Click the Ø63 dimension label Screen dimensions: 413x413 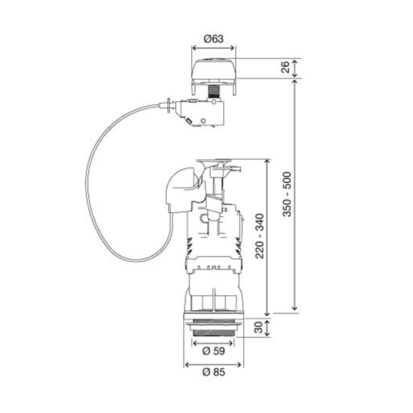(213, 39)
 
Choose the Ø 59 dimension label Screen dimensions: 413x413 (213, 351)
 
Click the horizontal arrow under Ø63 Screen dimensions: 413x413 (213, 48)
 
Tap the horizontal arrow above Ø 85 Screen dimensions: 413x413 (214, 364)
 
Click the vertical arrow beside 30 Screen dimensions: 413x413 (267, 327)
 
